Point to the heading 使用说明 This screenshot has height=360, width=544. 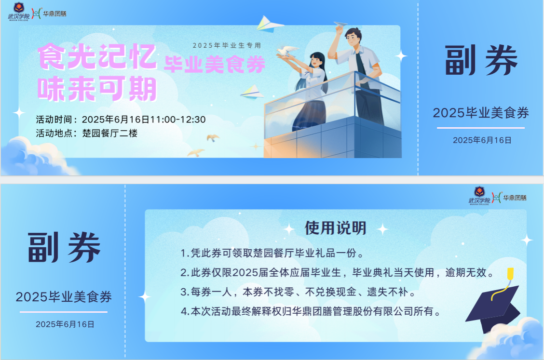click(336, 228)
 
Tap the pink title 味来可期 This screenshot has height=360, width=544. click(97, 89)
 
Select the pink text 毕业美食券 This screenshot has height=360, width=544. click(215, 64)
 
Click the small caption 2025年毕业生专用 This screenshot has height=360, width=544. click(227, 45)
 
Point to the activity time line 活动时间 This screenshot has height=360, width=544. click(121, 120)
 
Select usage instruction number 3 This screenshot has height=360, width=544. click(298, 292)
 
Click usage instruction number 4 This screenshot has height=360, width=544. click(311, 311)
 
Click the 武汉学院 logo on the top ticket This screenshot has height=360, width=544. click(19, 12)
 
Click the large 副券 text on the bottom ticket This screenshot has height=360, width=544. click(64, 247)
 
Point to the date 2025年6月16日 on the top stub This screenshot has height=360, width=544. click(482, 140)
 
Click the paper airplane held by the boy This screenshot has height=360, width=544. click(340, 24)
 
